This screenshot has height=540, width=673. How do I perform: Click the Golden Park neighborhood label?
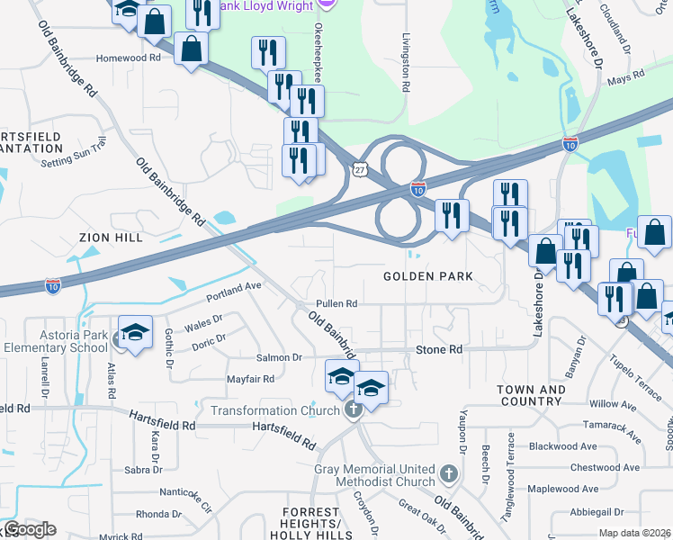[428, 276]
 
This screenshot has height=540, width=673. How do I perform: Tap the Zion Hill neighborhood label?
[111, 238]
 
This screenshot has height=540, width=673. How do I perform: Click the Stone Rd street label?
[438, 349]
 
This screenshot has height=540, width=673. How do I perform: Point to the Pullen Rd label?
[336, 304]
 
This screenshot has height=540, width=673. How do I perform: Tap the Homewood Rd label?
[129, 58]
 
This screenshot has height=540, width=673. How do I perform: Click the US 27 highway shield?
[361, 168]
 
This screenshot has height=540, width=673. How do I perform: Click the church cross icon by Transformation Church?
[353, 410]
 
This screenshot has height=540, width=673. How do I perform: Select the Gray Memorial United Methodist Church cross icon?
[449, 472]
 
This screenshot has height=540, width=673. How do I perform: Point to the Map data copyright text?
[634, 533]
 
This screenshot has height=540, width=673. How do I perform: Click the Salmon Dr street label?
[279, 357]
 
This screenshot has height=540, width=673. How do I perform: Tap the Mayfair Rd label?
[250, 379]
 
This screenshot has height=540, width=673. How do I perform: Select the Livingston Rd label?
[407, 62]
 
